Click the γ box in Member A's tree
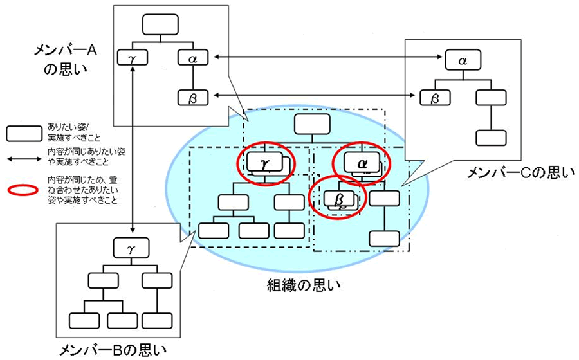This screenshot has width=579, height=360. click(x=132, y=59)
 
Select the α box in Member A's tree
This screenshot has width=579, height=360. click(x=193, y=59)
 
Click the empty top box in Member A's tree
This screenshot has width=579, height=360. click(x=159, y=24)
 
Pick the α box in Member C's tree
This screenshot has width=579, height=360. click(x=462, y=60)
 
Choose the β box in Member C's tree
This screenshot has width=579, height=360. click(x=435, y=98)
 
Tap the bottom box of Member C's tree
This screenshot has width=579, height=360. click(x=491, y=138)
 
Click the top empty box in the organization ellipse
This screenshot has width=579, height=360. click(x=311, y=125)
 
